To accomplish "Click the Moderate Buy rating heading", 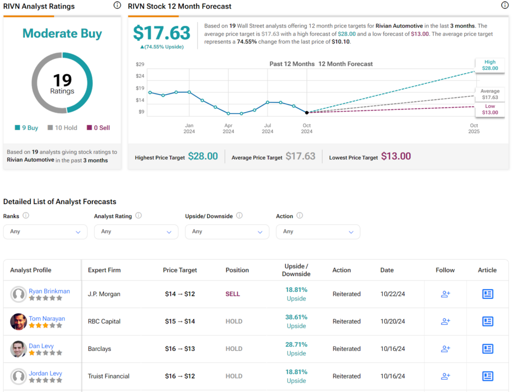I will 62,33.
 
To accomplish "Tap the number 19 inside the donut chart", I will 62,79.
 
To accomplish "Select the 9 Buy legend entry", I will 26,127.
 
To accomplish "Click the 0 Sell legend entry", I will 98,127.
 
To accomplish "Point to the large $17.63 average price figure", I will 161,33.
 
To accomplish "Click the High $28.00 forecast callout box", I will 489,65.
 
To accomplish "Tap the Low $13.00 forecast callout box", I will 490,109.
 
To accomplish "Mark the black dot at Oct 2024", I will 306,112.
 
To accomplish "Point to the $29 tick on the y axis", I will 140,65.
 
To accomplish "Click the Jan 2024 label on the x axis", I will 189,128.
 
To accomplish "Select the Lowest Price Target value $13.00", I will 395,156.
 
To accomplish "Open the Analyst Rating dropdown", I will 136,231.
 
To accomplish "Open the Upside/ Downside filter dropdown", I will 227,231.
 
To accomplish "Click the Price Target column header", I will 180,270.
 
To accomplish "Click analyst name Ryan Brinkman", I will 49,291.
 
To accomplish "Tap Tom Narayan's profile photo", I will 18,321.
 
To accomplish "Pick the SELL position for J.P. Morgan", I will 232,294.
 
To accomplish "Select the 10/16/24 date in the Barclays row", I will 392,349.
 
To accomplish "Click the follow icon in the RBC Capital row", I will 445,321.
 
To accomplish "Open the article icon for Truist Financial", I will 487,376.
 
